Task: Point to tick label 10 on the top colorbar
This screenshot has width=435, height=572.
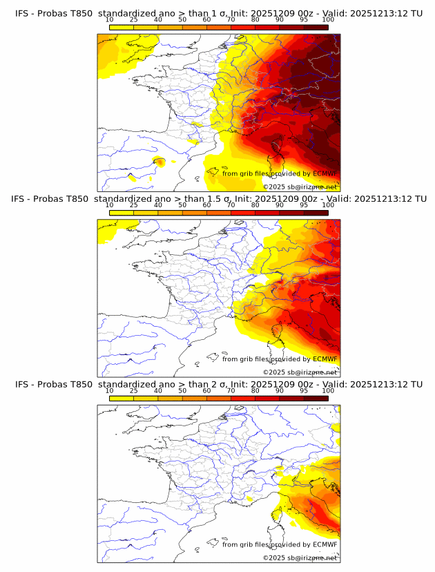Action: pos(110,20)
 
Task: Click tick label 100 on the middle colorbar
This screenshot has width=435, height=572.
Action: pos(328,205)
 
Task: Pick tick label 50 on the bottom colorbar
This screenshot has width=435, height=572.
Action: pos(182,390)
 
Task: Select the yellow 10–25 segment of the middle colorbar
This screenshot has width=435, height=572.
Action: pos(122,212)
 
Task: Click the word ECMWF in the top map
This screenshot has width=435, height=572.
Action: pos(325,173)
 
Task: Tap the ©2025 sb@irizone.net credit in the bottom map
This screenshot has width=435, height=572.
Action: pos(300,557)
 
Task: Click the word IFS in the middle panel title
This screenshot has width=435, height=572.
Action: pos(23,199)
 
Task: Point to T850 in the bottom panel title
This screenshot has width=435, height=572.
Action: pos(79,384)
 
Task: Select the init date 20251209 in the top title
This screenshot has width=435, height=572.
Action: pos(276,13)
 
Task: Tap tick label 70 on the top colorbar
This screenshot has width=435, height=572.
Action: pos(231,20)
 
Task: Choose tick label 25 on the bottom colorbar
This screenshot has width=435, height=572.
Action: pos(134,390)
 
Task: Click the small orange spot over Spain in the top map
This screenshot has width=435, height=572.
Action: pos(159,162)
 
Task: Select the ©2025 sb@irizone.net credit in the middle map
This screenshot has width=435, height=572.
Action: pos(300,372)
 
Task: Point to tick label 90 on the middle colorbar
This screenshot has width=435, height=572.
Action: pos(279,205)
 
